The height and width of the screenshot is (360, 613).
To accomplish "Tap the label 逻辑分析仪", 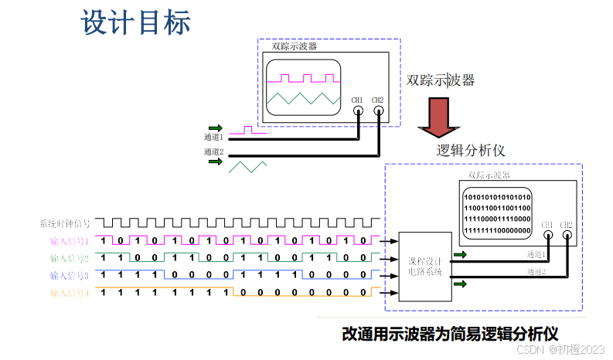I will click(471, 150).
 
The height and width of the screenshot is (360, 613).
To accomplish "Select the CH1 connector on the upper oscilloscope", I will click(358, 111).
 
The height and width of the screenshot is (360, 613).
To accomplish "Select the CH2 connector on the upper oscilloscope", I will click(378, 111).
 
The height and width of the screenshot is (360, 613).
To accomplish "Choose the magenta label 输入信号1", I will click(70, 241).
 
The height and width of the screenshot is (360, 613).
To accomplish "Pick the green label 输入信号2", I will click(70, 258).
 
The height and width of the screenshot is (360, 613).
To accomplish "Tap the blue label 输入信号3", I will click(70, 275).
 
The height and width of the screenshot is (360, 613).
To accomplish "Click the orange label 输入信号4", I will click(70, 293).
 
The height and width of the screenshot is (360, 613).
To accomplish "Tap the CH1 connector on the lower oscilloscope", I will click(547, 236).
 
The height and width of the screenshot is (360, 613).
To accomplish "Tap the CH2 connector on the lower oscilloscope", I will click(567, 236).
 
